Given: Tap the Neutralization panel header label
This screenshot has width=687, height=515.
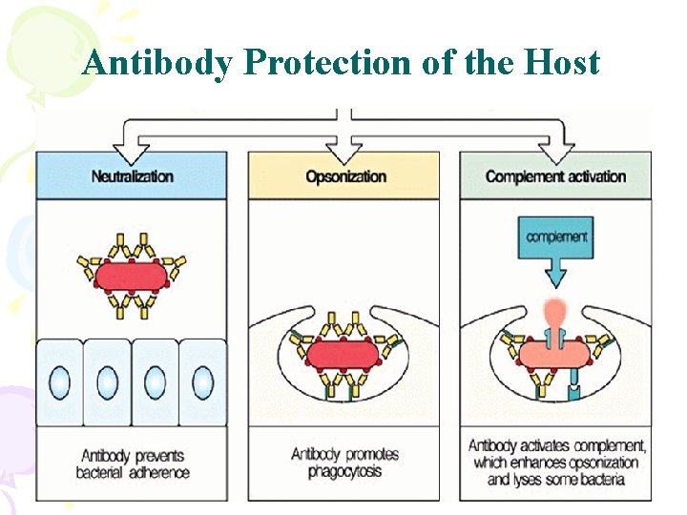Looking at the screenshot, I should (133, 176).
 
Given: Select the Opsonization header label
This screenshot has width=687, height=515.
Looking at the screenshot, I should (345, 176).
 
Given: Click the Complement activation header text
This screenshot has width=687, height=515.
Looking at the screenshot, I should (555, 176).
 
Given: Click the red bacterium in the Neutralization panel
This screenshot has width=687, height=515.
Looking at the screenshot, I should (132, 275).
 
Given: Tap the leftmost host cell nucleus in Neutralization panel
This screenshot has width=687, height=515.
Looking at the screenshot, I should (59, 382).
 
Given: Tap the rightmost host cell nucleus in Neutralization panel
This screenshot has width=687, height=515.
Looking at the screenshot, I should (202, 382).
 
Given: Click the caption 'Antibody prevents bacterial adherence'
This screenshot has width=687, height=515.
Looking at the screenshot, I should (135, 463).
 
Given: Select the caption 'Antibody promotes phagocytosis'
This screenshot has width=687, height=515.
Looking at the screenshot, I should (344, 463).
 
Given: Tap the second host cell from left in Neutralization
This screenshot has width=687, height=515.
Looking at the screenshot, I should (107, 382).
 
